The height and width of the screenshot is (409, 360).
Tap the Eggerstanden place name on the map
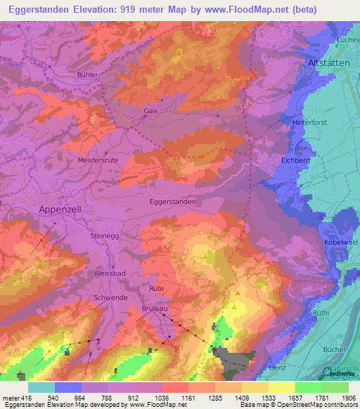[173, 201]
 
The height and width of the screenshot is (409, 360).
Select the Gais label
[150, 111]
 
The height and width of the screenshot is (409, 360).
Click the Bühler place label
[87, 74]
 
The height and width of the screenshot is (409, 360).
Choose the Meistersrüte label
[98, 160]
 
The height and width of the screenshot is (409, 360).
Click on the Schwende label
[110, 297]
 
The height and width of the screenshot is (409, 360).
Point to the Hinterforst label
[311, 122]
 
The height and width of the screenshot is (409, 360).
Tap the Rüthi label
[340, 312]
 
